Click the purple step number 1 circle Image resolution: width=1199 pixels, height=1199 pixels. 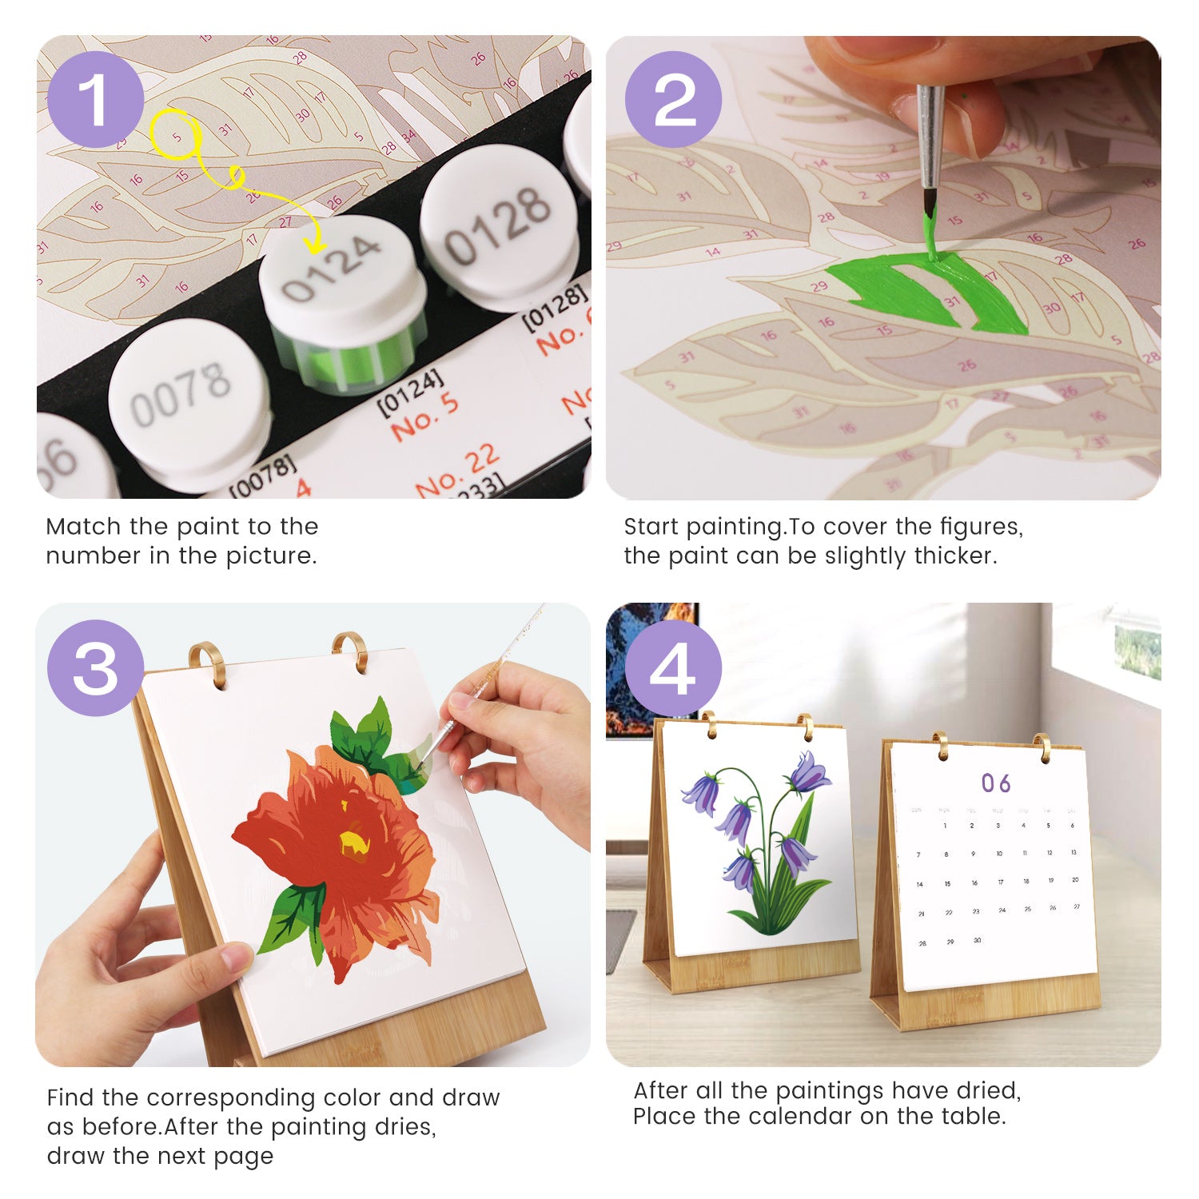(95, 100)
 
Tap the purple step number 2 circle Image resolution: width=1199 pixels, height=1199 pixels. (673, 100)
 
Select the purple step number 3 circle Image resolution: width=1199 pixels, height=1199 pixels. (95, 668)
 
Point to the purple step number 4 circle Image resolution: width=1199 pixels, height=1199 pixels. (673, 668)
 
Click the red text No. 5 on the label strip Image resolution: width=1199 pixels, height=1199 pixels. (424, 416)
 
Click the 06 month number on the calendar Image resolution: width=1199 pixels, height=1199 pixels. (996, 783)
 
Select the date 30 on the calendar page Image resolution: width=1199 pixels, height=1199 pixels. (977, 941)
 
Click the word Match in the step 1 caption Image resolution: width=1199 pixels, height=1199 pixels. (84, 527)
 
